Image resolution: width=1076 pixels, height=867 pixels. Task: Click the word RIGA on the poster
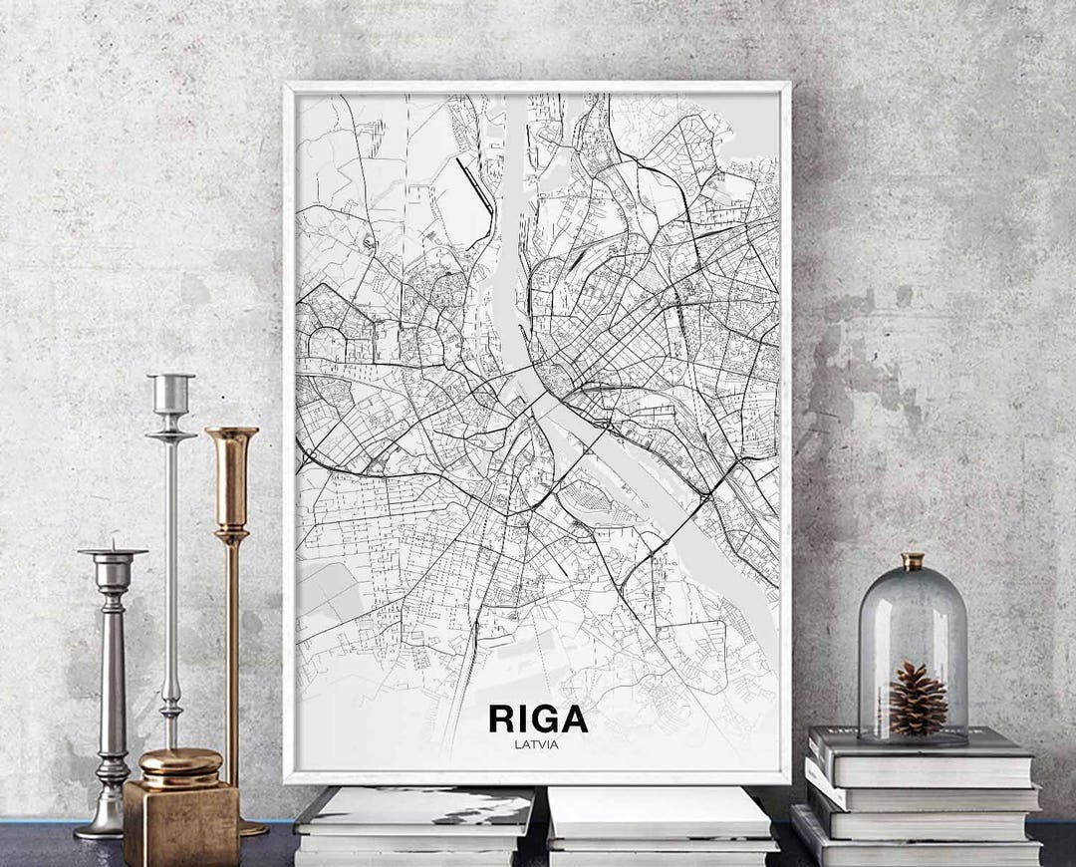pyautogui.click(x=537, y=720)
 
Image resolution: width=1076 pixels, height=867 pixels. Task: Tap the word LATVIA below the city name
pyautogui.click(x=537, y=743)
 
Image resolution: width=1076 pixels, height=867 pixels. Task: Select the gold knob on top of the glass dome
pyautogui.click(x=913, y=561)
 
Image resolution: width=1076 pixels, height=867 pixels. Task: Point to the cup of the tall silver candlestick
pyautogui.click(x=170, y=393)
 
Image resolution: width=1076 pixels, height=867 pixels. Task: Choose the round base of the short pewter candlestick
pyautogui.click(x=101, y=826)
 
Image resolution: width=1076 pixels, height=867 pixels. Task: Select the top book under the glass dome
pyautogui.click(x=922, y=758)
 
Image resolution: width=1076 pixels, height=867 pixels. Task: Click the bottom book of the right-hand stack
pyautogui.click(x=918, y=848)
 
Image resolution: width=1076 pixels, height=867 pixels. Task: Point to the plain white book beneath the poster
pyautogui.click(x=660, y=811)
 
